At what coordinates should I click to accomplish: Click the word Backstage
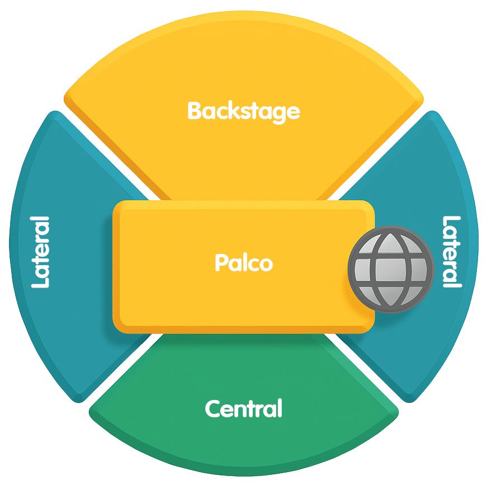pos(243,111)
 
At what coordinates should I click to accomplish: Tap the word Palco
pos(243,262)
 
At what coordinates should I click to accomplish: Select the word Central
pos(243,409)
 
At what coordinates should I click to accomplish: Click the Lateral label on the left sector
pos(40,252)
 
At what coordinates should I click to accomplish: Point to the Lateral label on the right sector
pos(452,252)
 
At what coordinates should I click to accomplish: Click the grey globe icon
pos(391,270)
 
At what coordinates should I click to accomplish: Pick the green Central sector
pos(243,442)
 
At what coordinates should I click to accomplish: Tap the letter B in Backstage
pos(194,111)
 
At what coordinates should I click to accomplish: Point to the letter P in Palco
pos(220,262)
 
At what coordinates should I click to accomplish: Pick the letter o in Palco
pos(266,264)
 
